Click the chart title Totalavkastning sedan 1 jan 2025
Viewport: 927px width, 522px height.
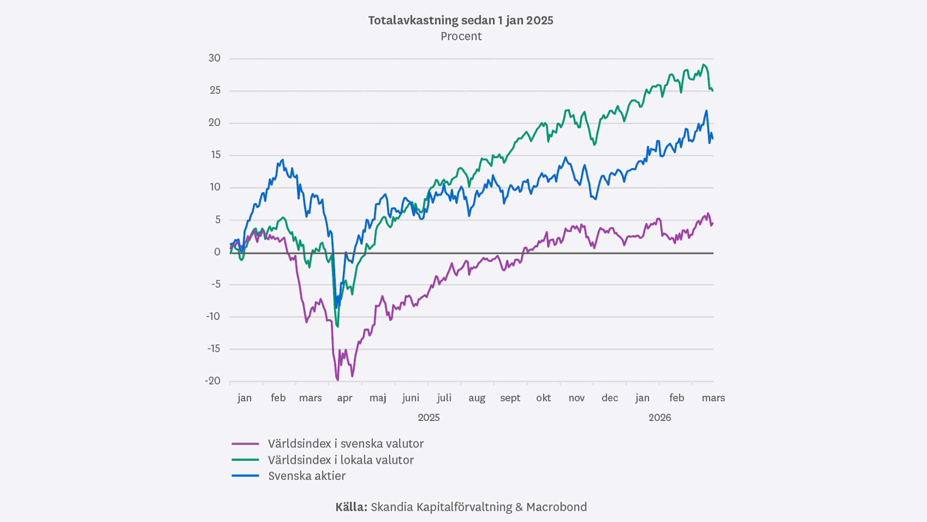tap(461, 20)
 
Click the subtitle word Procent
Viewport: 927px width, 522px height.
tap(461, 36)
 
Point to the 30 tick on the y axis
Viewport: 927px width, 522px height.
tap(214, 58)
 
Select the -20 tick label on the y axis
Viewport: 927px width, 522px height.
tap(213, 381)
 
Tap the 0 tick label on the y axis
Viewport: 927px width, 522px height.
tap(217, 252)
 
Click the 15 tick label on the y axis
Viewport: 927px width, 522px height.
tap(216, 155)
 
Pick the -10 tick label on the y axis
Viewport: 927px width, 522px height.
tap(213, 316)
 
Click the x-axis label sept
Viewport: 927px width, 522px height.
tap(510, 398)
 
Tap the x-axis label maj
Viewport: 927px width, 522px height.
tap(378, 398)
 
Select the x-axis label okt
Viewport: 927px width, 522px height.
tap(544, 398)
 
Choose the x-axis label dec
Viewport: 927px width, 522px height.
tap(610, 398)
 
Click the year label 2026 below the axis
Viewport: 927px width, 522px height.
tap(660, 417)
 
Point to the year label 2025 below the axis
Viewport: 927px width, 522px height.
tap(429, 417)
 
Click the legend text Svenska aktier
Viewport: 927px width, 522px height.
tap(307, 476)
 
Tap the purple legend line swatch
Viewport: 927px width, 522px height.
tap(245, 444)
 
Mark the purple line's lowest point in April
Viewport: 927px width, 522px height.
tap(337, 380)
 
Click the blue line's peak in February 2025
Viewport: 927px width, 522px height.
tap(283, 160)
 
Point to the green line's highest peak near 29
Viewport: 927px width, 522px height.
tap(704, 65)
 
